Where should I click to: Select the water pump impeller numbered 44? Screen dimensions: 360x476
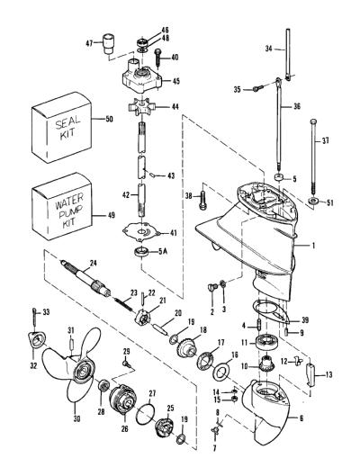point(141,107)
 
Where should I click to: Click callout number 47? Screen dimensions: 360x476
point(89,43)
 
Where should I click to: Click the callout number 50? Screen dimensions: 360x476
point(109,119)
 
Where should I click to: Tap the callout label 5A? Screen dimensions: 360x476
point(163,251)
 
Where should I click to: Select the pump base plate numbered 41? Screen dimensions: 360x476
point(141,232)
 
